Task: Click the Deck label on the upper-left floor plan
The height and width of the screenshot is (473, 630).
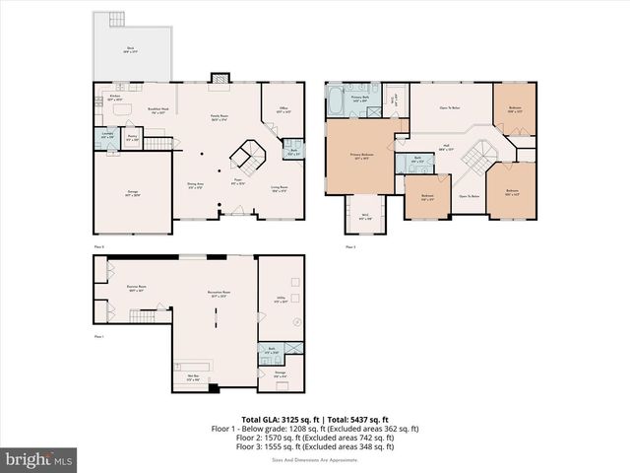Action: click(x=131, y=48)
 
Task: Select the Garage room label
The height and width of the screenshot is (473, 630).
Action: click(x=132, y=194)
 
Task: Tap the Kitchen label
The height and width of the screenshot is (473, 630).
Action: click(x=114, y=98)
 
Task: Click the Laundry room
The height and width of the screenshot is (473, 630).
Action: click(x=107, y=137)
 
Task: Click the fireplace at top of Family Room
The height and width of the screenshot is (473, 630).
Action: click(x=220, y=78)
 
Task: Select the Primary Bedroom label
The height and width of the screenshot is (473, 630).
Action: click(x=359, y=156)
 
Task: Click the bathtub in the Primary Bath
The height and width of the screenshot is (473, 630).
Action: click(x=336, y=98)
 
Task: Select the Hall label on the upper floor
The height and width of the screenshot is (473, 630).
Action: click(x=446, y=147)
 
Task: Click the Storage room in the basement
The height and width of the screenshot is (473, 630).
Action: click(x=280, y=374)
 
